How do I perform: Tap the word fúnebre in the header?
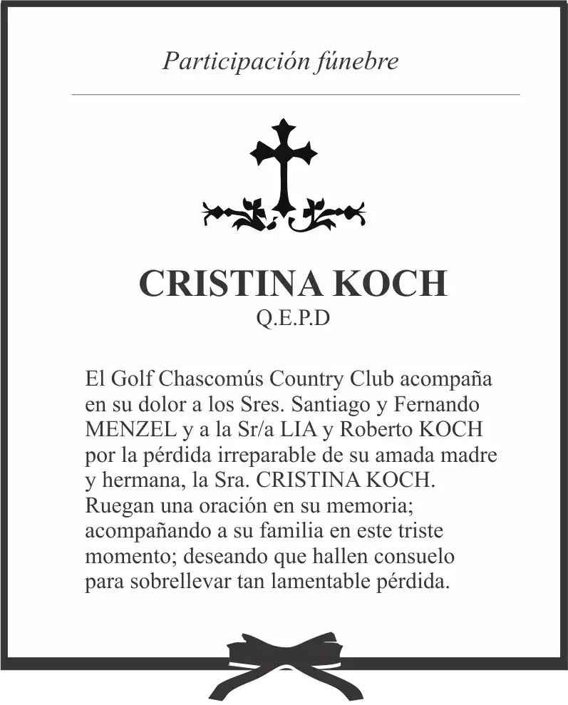pos(356,61)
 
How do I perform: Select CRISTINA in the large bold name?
pos(229,283)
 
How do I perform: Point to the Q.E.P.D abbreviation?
pos(293,319)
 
